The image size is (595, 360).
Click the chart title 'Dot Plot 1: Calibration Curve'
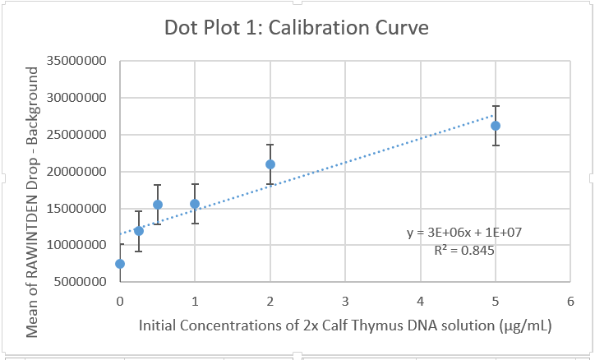point(297,29)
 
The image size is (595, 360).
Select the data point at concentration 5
point(496,126)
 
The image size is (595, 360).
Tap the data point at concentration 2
point(270,164)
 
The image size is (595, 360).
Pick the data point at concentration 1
point(195,204)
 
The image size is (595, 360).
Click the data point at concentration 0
point(120,264)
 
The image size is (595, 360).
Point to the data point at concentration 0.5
point(158,205)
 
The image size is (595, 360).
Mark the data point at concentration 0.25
point(139,231)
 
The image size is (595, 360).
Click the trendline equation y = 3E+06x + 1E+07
point(464,233)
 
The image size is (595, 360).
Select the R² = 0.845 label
point(464,250)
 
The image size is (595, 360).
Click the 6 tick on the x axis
point(570,301)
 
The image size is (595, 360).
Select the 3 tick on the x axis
point(345,301)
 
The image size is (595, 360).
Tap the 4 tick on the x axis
point(421,301)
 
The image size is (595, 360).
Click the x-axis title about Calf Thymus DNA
point(345,325)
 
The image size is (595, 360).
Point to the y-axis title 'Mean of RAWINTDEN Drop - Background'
point(33,201)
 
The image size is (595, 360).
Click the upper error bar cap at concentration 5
point(496,106)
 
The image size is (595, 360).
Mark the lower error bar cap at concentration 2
point(270,184)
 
